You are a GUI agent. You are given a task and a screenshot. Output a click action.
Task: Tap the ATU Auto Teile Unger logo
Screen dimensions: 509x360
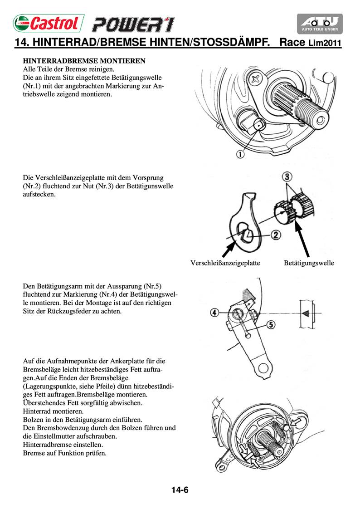point(320,24)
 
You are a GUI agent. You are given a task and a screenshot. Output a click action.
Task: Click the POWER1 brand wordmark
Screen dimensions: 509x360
point(133,24)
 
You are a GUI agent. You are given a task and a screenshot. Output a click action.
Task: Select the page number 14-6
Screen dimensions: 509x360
point(180,490)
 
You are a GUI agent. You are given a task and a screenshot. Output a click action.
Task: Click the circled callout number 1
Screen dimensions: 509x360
point(240,154)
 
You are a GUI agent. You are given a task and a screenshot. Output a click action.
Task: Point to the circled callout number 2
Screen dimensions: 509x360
point(276,235)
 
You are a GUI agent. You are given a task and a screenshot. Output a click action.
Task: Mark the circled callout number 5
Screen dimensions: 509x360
point(271,324)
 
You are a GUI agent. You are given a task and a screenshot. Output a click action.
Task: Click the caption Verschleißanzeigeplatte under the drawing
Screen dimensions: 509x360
point(225,263)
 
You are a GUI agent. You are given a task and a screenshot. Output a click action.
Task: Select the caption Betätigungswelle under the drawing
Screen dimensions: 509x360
point(309,263)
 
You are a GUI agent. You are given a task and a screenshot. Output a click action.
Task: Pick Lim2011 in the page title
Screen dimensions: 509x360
point(325,44)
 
